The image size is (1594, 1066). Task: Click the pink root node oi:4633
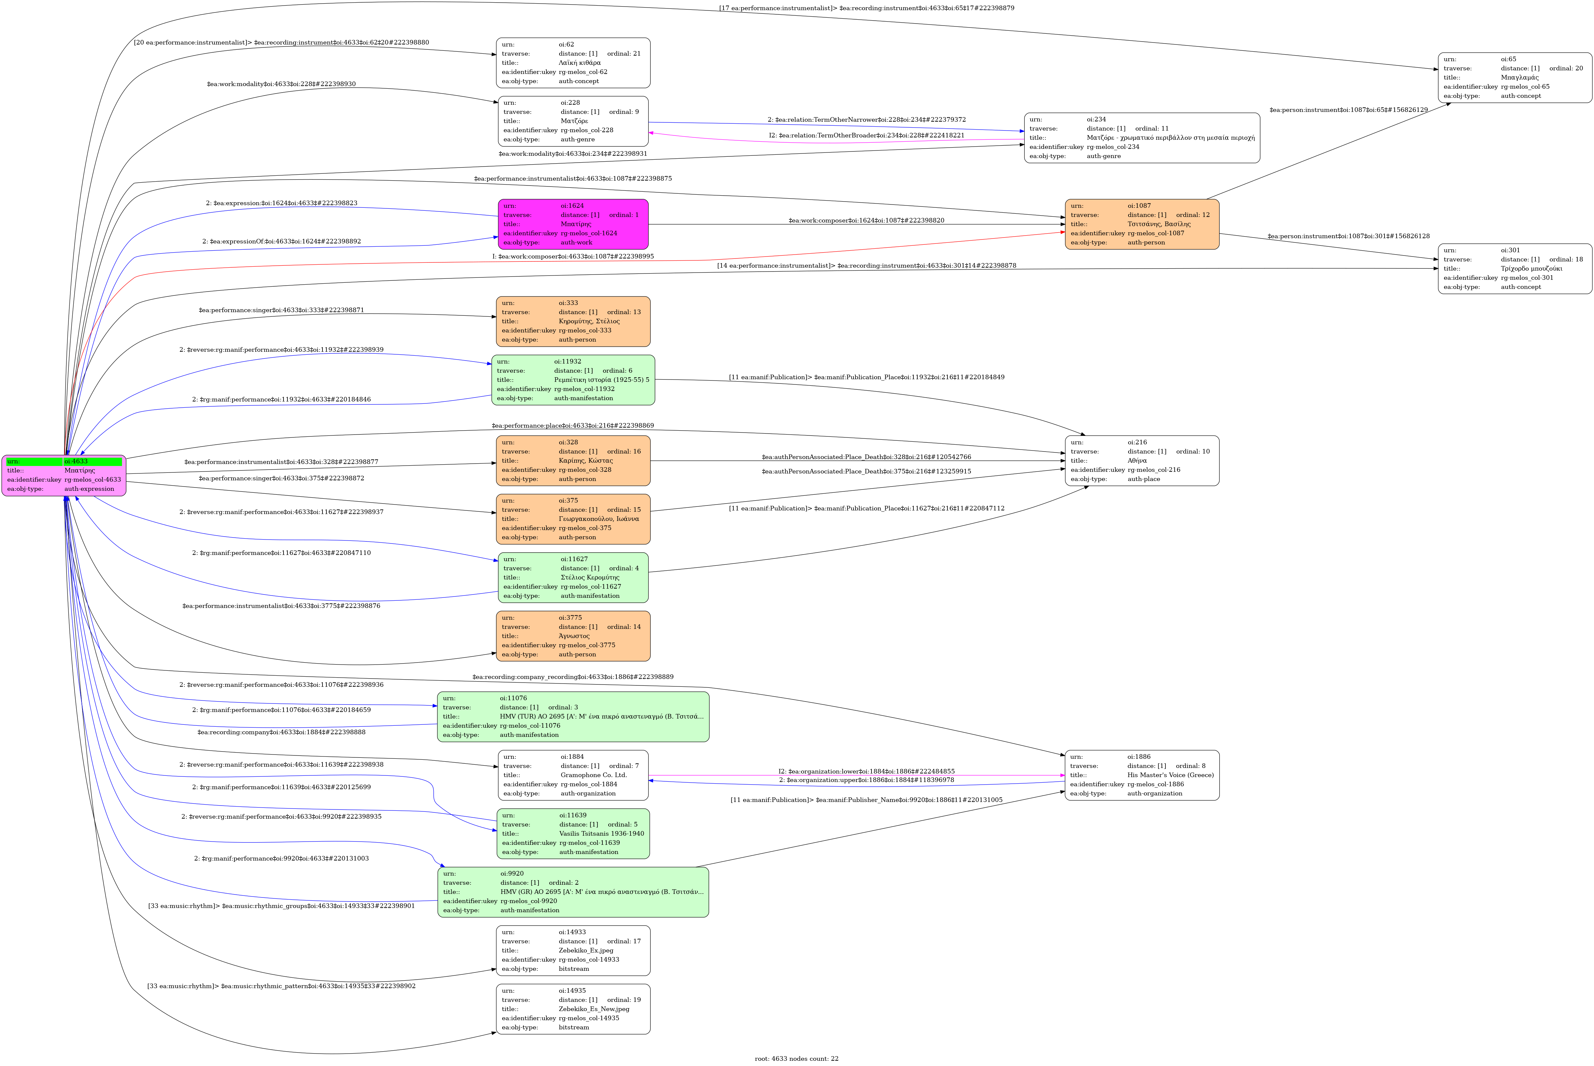point(64,475)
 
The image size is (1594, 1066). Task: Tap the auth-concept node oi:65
point(1514,78)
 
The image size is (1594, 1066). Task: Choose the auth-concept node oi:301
point(1514,269)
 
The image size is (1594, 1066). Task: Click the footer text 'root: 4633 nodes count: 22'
point(796,1058)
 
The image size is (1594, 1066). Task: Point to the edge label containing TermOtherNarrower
point(866,120)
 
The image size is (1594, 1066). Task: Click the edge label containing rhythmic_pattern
point(282,986)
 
